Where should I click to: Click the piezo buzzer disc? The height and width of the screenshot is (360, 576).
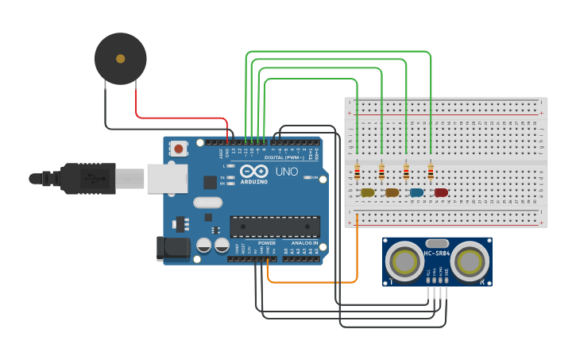click(121, 58)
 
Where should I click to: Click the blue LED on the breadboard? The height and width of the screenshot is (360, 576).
click(416, 192)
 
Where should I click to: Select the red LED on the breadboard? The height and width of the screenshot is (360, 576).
click(441, 192)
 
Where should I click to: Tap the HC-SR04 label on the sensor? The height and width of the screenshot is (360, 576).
click(438, 254)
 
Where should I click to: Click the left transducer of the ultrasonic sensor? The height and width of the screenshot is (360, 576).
click(406, 260)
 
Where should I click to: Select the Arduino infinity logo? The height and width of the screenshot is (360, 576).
click(254, 172)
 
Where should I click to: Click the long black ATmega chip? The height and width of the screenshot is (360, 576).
click(275, 226)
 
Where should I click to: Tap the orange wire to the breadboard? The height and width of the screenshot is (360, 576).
click(318, 282)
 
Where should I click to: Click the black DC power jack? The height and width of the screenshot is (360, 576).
click(172, 248)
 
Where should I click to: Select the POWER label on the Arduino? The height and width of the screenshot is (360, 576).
click(266, 242)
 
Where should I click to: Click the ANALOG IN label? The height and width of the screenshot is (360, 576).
click(302, 242)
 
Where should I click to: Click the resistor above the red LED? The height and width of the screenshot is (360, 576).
click(431, 172)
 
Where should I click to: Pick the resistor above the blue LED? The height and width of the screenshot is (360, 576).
click(407, 172)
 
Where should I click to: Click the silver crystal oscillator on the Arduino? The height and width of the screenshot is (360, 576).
click(207, 202)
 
